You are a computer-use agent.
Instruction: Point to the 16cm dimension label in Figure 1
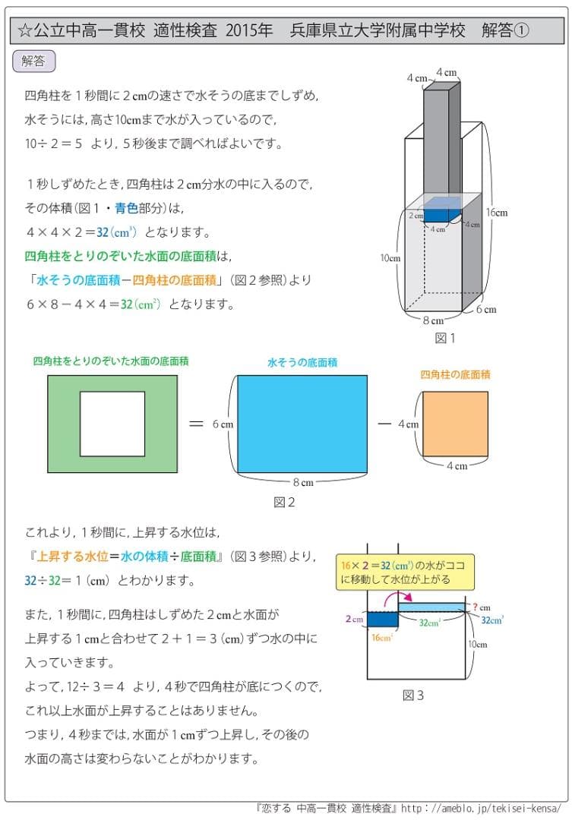point(497,213)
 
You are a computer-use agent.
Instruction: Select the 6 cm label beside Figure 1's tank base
point(486,309)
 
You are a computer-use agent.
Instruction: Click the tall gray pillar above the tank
point(441,137)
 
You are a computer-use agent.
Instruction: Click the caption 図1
point(444,338)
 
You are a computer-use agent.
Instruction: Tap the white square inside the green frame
point(112,424)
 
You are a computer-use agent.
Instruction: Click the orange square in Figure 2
point(455,424)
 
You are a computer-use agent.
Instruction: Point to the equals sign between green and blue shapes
point(196,424)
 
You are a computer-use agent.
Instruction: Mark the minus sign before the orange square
point(384,423)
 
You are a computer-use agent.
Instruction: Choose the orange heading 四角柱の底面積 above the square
point(455,374)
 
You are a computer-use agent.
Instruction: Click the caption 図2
point(283,502)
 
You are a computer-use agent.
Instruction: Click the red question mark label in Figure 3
point(476,607)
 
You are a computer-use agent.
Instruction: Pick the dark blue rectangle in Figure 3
point(383,619)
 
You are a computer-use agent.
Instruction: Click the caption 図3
point(412,695)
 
